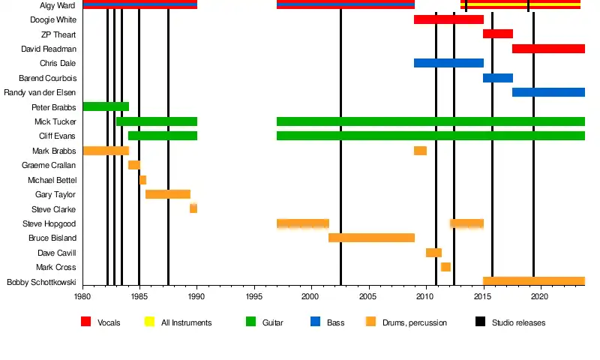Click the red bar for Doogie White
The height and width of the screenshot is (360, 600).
click(448, 19)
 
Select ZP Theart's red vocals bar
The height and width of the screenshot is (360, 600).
click(498, 34)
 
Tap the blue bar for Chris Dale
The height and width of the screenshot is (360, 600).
click(448, 63)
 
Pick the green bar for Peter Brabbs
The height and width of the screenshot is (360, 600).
click(106, 106)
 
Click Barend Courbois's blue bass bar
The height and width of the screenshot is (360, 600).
click(498, 78)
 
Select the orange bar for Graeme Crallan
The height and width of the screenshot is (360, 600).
click(134, 165)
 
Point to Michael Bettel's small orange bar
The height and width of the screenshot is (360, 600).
click(142, 180)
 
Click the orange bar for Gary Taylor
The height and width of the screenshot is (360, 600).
click(168, 194)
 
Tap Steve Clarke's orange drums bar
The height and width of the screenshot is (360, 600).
click(193, 208)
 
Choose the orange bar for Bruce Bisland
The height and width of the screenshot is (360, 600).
click(371, 238)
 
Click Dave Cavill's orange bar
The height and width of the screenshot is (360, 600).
click(433, 253)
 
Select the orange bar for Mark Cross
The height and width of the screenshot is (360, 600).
click(445, 267)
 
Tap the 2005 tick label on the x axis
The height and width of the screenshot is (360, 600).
click(368, 297)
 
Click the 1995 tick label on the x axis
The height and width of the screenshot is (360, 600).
click(254, 297)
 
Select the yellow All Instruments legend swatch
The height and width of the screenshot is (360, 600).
click(149, 322)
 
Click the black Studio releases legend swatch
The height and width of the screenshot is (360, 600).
click(481, 322)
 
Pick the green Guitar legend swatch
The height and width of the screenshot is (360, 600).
click(251, 322)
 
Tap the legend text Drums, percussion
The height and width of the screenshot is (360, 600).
click(414, 323)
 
